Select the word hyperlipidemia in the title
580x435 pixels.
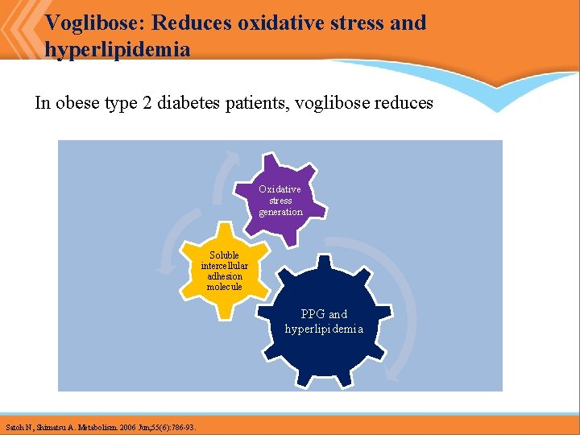[x=118, y=50]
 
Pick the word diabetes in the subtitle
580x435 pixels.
[x=186, y=103]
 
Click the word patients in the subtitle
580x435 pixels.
[x=251, y=103]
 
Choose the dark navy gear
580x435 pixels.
[x=324, y=322]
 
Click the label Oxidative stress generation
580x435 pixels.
[x=280, y=201]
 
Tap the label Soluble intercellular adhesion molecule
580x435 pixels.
[x=224, y=271]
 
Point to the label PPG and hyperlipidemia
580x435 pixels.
[x=324, y=321]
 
